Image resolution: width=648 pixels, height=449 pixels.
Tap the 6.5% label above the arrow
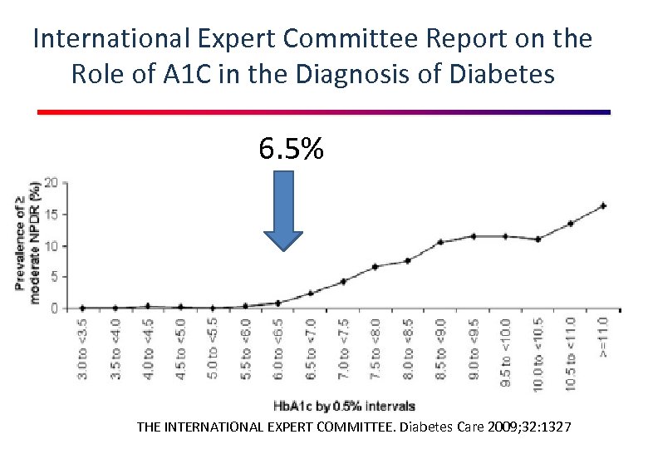click(291, 150)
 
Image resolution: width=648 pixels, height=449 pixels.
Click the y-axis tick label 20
click(52, 182)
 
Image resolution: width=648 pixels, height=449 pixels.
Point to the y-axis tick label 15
click(52, 214)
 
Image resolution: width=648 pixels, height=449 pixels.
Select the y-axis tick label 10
click(52, 245)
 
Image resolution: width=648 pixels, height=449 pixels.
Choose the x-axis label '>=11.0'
click(603, 335)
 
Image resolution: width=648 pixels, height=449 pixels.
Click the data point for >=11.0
click(603, 205)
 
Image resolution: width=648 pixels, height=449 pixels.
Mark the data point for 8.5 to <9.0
click(441, 242)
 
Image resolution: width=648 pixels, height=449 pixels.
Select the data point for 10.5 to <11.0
click(571, 224)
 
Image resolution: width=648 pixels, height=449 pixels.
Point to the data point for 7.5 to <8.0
click(376, 266)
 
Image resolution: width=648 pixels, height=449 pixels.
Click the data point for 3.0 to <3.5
click(83, 308)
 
